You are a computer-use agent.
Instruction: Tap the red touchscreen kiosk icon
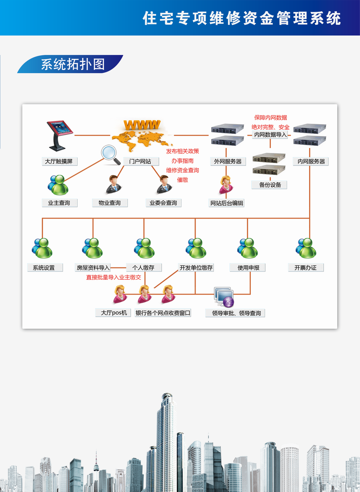[59, 136]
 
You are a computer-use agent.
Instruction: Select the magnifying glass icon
[111, 155]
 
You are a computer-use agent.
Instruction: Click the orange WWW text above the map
[142, 125]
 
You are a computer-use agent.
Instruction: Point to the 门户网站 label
[141, 161]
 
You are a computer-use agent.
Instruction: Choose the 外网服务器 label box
[228, 161]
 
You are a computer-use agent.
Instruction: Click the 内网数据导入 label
[270, 135]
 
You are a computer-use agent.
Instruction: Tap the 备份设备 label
[269, 185]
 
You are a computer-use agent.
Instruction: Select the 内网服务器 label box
[311, 161]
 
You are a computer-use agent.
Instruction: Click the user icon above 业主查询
[58, 185]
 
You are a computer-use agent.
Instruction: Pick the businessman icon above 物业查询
[114, 185]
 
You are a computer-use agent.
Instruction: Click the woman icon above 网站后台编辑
[226, 185]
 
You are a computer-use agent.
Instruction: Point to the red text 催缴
[183, 180]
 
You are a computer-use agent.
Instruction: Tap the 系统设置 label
[45, 267]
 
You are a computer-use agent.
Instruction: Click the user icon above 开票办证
[306, 248]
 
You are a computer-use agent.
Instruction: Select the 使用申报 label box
[248, 267]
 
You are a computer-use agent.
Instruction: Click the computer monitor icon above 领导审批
[224, 297]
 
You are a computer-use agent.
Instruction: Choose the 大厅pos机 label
[113, 313]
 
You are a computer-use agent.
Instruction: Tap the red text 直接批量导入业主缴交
[114, 277]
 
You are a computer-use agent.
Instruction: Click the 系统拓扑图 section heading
[73, 64]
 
